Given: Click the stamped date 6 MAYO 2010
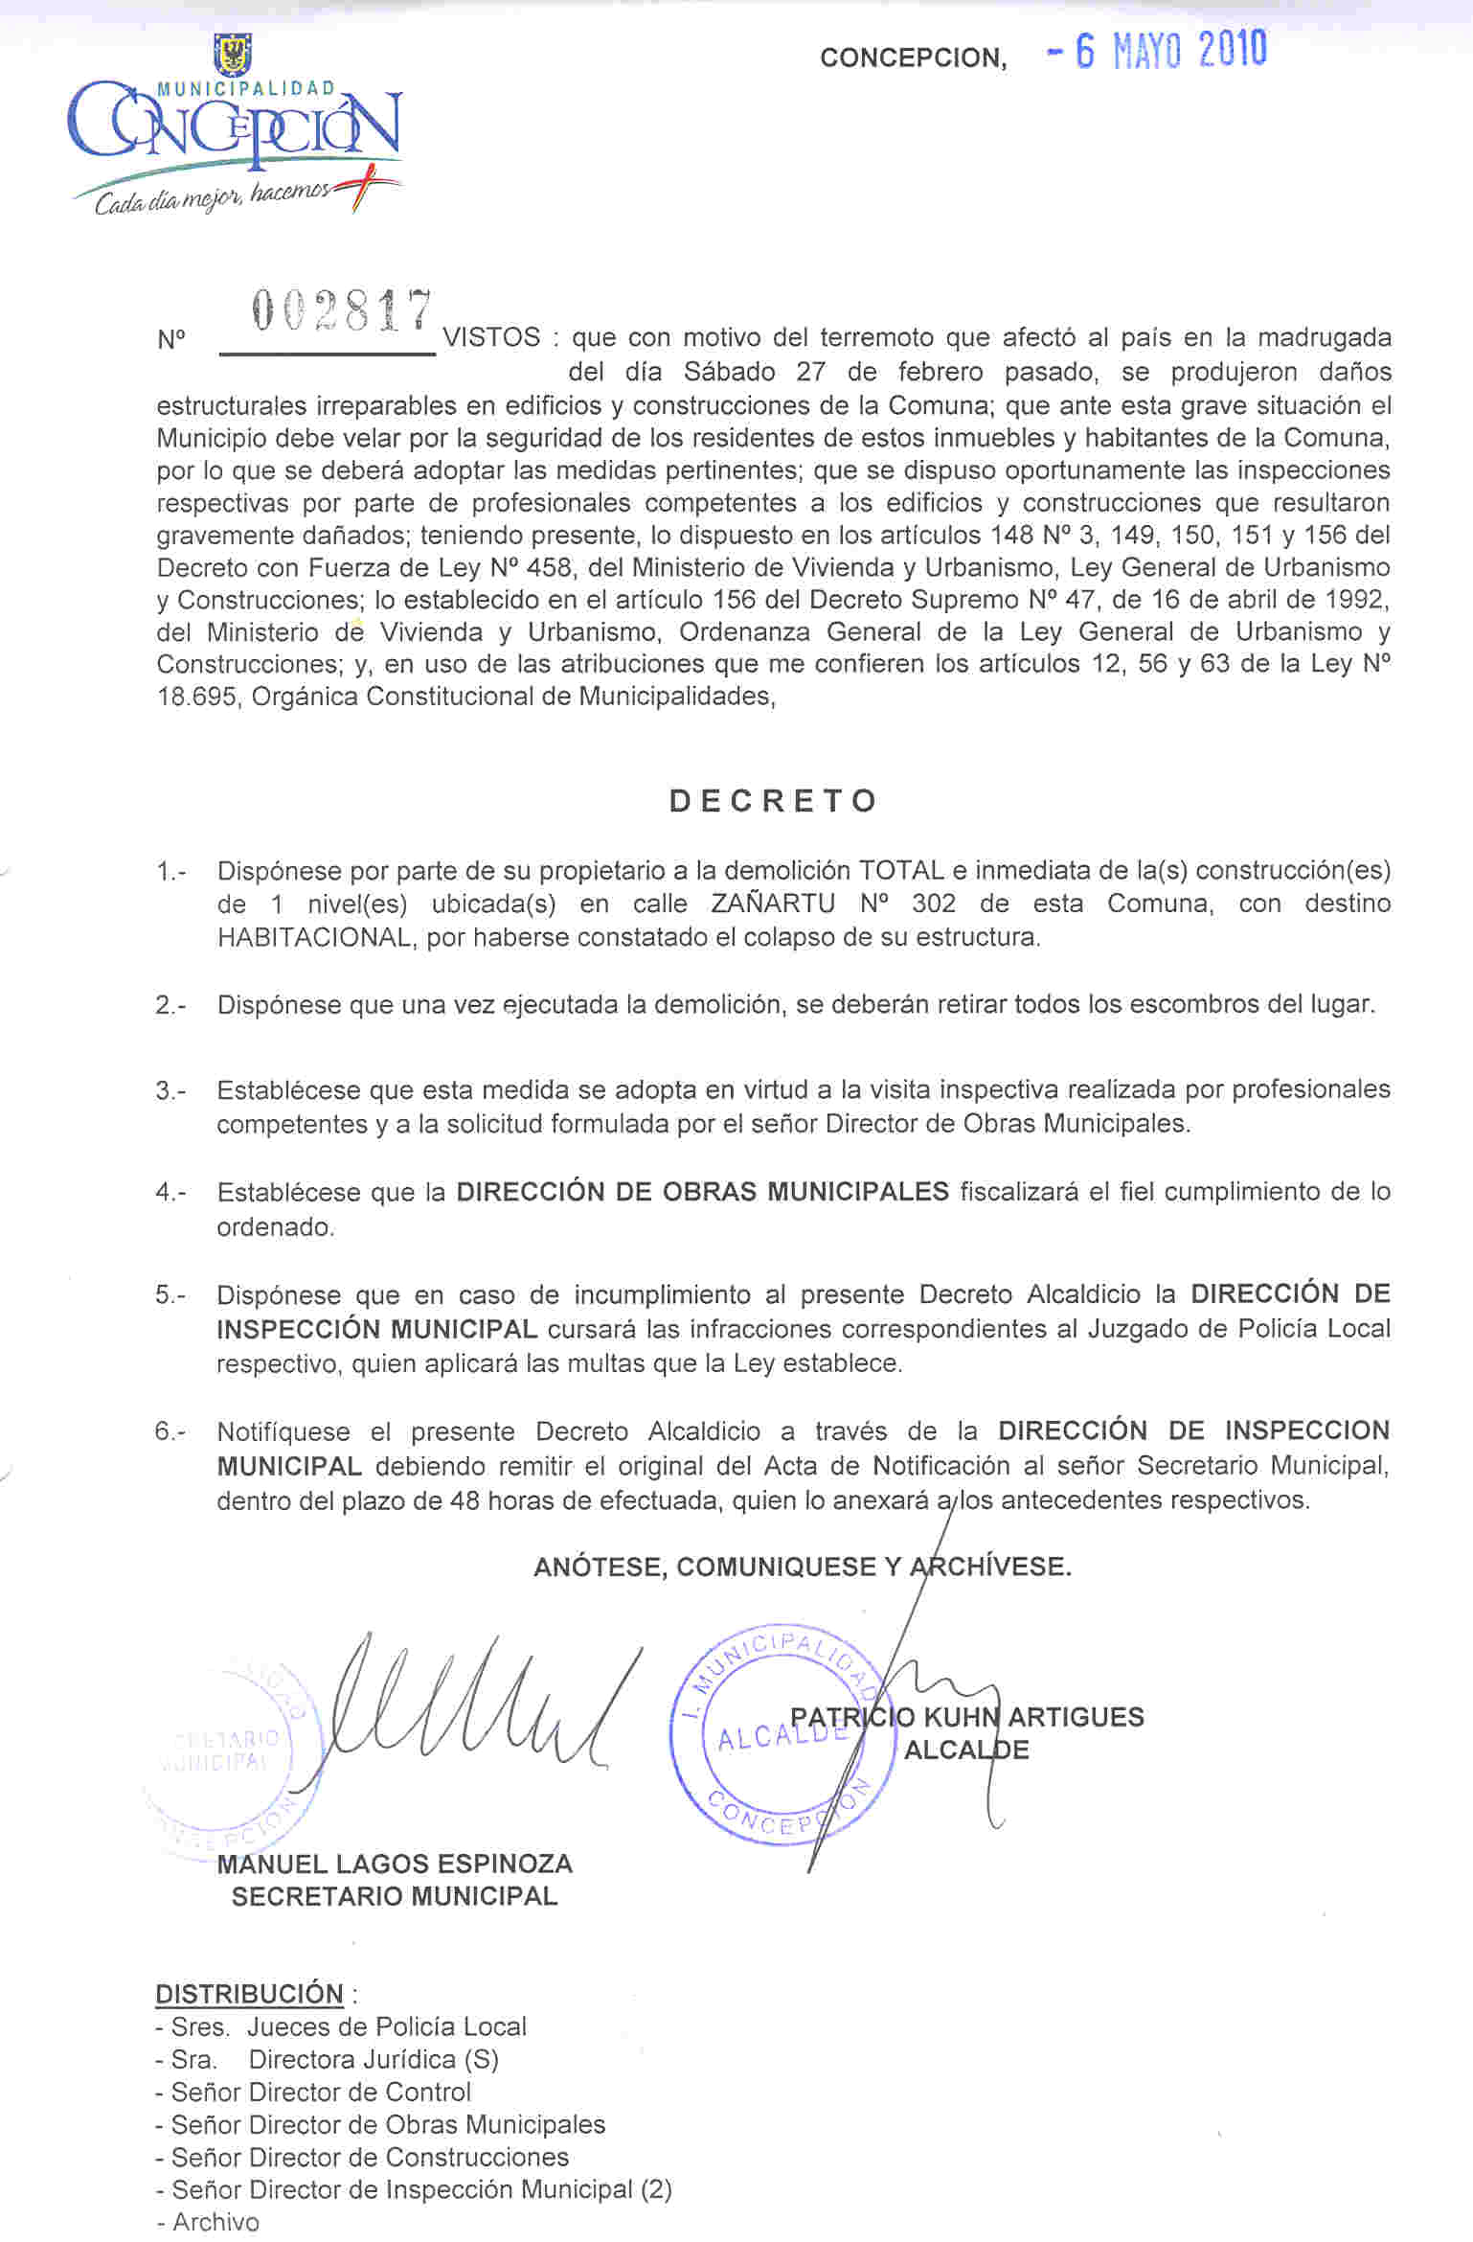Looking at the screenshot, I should [1170, 51].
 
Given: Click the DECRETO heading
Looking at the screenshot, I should [773, 801].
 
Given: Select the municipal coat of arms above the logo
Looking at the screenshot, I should [233, 55].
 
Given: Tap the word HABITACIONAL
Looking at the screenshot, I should [316, 937].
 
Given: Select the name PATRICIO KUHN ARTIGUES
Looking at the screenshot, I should [967, 1716].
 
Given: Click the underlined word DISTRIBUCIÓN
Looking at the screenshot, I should [249, 1994].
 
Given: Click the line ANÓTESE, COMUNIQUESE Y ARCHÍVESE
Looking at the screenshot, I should [803, 1567].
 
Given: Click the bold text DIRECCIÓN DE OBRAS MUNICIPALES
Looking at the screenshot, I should [702, 1192].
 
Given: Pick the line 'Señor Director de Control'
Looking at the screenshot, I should [321, 2092].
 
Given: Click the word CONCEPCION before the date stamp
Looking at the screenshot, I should [913, 58].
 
